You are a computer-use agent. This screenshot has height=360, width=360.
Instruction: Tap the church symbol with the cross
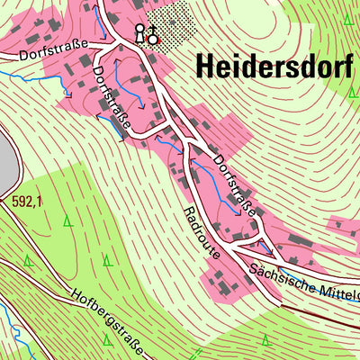pos(152,36)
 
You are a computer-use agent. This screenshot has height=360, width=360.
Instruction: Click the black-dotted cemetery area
pos(171,21)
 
